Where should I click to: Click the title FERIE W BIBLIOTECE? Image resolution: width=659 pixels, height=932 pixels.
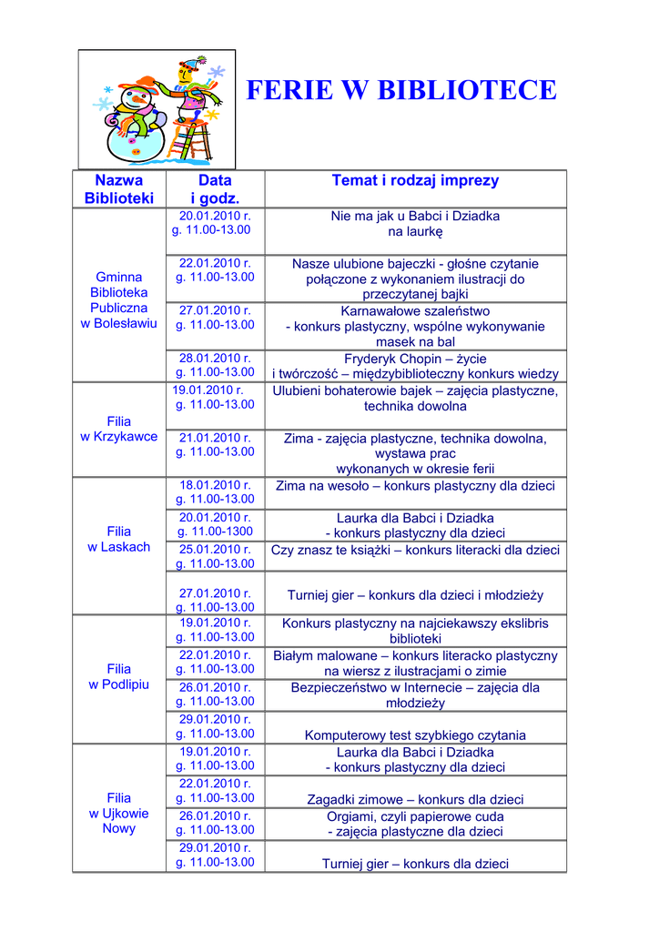coord(401,90)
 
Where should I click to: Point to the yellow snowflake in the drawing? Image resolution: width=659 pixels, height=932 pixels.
coord(211,116)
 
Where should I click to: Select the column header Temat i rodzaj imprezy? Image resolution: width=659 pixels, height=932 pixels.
coord(415,180)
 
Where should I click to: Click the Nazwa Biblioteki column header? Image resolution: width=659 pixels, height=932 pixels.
coord(119,189)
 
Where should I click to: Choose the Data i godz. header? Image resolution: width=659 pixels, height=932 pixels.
coord(215,189)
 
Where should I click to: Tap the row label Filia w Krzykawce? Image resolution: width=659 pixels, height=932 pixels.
coord(119,429)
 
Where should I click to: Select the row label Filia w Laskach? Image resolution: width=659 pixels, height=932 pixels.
coord(119,539)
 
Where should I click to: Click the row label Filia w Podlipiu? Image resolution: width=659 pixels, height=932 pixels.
coord(119,676)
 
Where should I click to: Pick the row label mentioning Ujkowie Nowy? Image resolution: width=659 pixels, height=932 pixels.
coord(119,813)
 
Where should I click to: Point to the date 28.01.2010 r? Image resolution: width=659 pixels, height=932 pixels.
coord(215,358)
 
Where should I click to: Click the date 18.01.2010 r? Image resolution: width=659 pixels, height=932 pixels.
coord(215,485)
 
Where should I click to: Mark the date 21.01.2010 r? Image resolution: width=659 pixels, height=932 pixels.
coord(215,437)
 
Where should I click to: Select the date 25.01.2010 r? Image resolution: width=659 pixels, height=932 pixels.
coord(215,549)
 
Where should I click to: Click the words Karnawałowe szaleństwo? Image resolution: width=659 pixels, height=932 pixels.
coord(415,310)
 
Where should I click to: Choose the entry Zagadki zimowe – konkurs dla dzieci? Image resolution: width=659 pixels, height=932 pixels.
coord(415,799)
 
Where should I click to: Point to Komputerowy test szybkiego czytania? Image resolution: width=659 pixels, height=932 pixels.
coord(415,734)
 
